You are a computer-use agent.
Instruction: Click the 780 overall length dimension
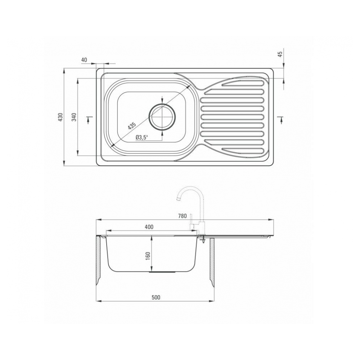183,216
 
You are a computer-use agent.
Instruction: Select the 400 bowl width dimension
149,227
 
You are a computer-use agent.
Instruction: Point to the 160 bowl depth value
148,256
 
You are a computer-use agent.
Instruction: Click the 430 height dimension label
60,117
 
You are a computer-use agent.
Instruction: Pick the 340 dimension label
73,117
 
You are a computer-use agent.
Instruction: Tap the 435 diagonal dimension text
132,126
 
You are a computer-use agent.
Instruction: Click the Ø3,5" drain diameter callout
142,137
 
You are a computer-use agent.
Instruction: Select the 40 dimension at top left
84,60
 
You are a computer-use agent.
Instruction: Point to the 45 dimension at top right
280,54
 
